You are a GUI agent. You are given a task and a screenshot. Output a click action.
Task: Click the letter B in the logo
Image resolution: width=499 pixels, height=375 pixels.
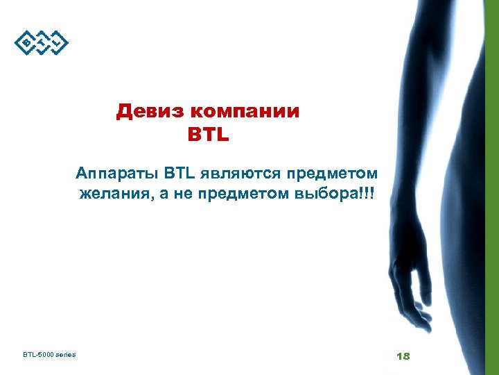(x=26, y=44)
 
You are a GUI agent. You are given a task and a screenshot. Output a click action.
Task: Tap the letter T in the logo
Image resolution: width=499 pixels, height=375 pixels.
(x=42, y=44)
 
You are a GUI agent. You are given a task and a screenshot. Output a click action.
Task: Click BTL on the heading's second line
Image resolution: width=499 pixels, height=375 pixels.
(x=208, y=133)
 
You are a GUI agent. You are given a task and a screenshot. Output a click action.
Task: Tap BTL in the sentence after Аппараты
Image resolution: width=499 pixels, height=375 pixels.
(x=180, y=172)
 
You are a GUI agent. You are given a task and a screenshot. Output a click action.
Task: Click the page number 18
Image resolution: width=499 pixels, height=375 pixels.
(x=403, y=356)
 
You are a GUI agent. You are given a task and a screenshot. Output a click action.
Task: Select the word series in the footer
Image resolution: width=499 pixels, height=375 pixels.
(x=66, y=356)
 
